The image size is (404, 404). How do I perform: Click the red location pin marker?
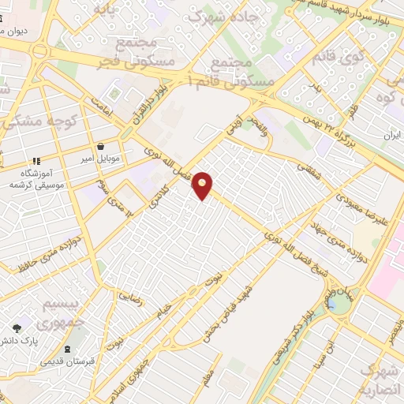203,185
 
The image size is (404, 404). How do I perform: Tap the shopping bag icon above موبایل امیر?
101,146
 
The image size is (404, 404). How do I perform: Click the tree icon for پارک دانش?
17,327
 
